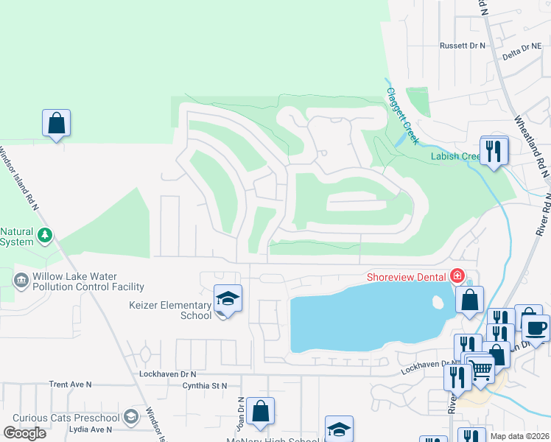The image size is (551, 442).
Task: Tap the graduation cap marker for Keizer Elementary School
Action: pyautogui.click(x=228, y=298)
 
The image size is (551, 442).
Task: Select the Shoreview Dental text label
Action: pyautogui.click(x=408, y=277)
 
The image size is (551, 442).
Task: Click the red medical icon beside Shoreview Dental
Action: pyautogui.click(x=457, y=276)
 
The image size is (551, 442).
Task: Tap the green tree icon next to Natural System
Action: pyautogui.click(x=46, y=235)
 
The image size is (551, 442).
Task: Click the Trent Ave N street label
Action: pyautogui.click(x=70, y=385)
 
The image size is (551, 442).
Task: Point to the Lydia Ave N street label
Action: pyautogui.click(x=89, y=429)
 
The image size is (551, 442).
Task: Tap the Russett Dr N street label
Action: pyautogui.click(x=463, y=46)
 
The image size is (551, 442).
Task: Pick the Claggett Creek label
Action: pyautogui.click(x=402, y=116)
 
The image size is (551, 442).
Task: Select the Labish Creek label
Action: pyautogui.click(x=455, y=156)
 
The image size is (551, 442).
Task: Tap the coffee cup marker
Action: pyautogui.click(x=536, y=327)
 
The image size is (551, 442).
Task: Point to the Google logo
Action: pyautogui.click(x=24, y=433)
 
